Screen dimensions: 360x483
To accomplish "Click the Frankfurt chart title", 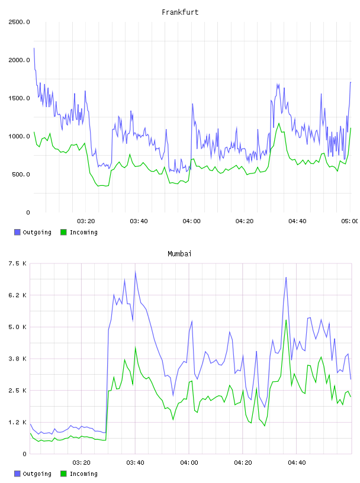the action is [x=180, y=12].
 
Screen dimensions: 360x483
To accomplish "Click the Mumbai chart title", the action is [x=179, y=254].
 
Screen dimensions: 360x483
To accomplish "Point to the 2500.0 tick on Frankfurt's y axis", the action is [x=19, y=22].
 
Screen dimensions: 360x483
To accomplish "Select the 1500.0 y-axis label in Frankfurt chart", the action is [x=19, y=98].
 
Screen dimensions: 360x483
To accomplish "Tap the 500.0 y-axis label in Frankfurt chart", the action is [x=21, y=175].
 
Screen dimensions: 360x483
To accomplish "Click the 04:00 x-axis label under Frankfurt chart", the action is [x=191, y=221].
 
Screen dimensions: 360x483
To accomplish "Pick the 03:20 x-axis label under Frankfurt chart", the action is [x=86, y=221].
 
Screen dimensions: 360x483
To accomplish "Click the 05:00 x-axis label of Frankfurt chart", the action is [x=349, y=221].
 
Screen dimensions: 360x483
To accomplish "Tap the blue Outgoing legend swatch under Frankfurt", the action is [x=17, y=232].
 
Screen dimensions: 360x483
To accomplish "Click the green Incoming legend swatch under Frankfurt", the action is [x=63, y=232].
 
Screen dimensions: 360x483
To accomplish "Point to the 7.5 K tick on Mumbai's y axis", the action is [x=18, y=263].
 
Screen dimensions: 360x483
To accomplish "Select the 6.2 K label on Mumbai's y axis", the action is [x=18, y=295].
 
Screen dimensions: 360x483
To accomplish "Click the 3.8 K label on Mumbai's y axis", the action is [x=18, y=359].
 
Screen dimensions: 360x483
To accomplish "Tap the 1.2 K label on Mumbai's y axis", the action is [x=18, y=422].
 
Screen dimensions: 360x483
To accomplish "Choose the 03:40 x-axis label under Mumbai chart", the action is [x=135, y=463].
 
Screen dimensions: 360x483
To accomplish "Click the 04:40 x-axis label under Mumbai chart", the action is [x=297, y=463].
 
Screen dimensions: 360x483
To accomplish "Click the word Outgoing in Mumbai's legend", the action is [x=37, y=474].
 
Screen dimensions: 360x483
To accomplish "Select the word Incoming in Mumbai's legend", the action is [x=83, y=474].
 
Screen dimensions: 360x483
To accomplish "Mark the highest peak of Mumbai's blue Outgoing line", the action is [x=136, y=272].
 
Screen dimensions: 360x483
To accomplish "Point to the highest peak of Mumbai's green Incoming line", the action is [x=286, y=320].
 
